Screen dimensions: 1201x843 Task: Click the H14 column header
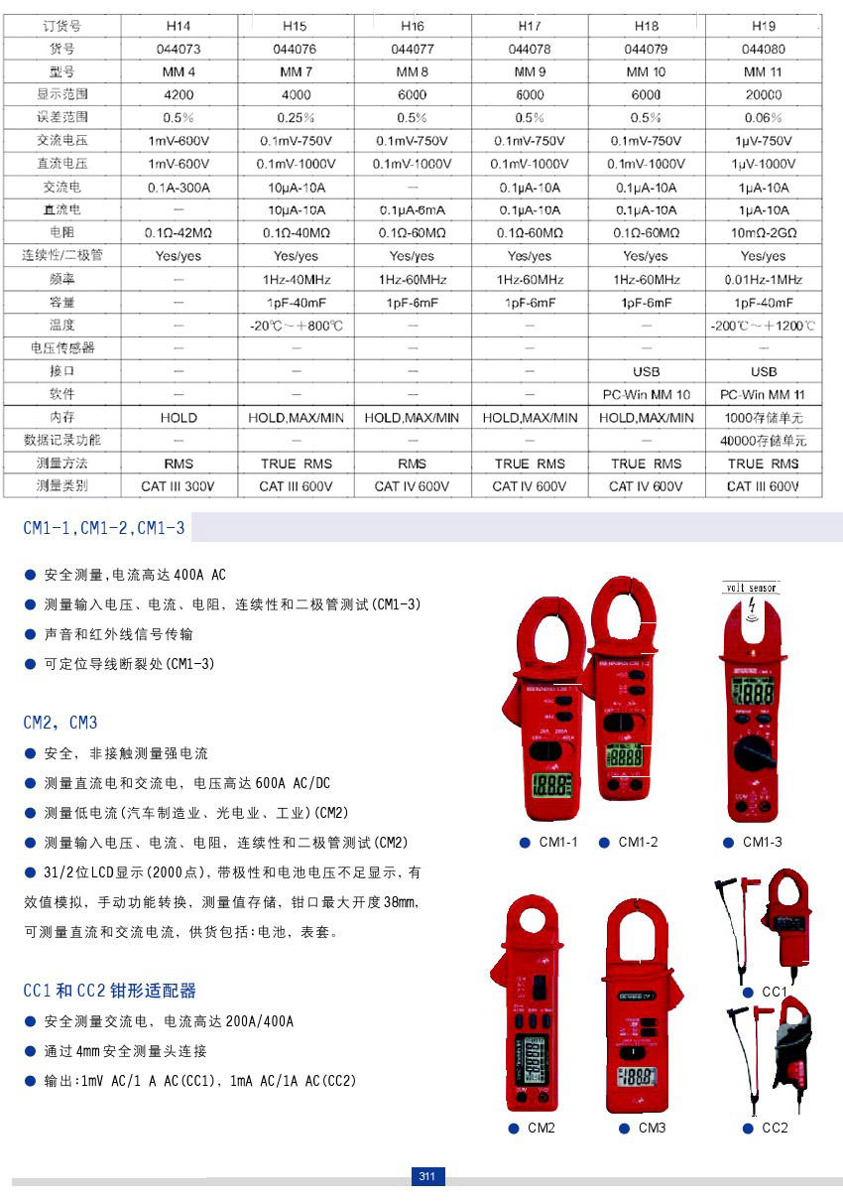[179, 25]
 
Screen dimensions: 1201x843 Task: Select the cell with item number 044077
[413, 48]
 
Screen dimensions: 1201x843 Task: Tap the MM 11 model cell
[763, 71]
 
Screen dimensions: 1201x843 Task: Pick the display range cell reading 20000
[763, 95]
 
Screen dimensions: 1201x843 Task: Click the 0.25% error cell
[296, 118]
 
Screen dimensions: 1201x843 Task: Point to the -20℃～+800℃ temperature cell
[296, 326]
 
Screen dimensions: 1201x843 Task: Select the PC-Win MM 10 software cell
[646, 395]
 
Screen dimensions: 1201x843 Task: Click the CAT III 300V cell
[179, 486]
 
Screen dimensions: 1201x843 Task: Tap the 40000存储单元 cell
[763, 441]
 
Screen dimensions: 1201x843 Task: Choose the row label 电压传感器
[61, 348]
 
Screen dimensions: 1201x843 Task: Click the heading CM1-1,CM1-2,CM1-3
[104, 528]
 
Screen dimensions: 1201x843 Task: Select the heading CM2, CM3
[60, 723]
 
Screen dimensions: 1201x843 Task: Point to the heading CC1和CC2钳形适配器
[109, 991]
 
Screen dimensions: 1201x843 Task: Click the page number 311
[427, 1177]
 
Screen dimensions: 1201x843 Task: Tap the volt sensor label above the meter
[750, 588]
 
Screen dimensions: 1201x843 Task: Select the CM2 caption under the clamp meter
[542, 1128]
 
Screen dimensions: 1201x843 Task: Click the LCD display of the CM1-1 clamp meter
[551, 784]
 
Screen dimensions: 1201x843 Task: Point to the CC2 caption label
[775, 1128]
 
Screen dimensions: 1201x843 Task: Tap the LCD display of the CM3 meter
[638, 1078]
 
